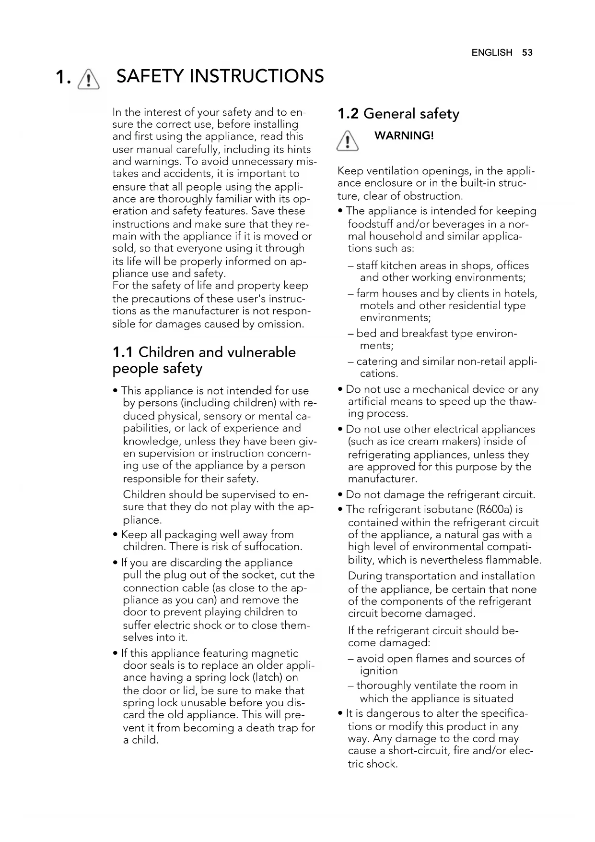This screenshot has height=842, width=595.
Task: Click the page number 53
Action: coord(527,53)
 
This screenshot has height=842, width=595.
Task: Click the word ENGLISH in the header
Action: coord(492,53)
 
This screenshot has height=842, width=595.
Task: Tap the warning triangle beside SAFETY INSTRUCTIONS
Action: coord(89,78)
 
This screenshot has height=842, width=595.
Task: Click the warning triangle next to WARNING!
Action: coord(348,142)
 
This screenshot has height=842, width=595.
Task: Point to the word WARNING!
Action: coord(404,136)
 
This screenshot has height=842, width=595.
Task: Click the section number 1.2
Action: coord(348,114)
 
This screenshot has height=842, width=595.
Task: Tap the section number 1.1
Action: coord(123,352)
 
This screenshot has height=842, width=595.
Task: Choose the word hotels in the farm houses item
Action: coord(521,294)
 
